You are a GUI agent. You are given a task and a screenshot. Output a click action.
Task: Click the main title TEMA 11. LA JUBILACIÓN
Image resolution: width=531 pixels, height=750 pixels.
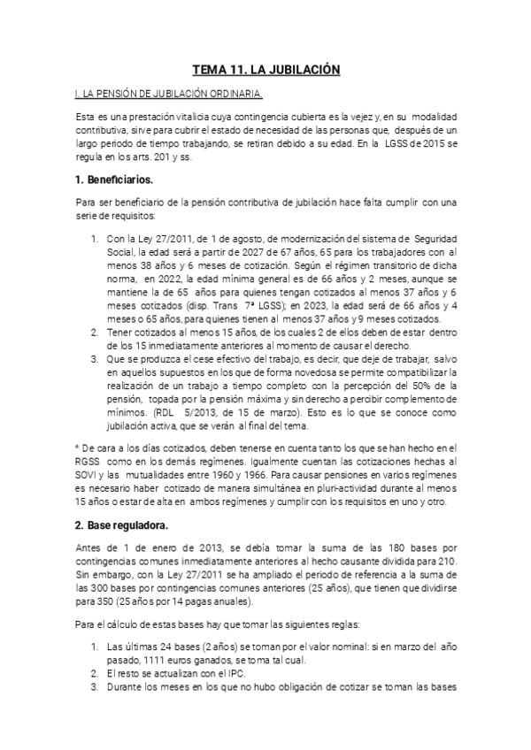pos(266,69)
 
